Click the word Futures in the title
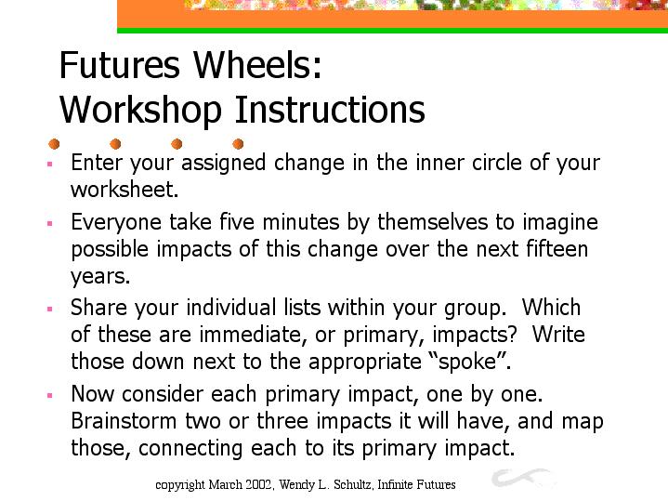120,65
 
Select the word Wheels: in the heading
258,65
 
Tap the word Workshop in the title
140,110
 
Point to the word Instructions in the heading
330,109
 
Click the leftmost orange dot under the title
54,144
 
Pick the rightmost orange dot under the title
238,144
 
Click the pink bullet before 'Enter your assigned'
50,164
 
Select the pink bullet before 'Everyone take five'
50,223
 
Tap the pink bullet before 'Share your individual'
50,309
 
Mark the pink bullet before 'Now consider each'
50,395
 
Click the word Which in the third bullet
551,307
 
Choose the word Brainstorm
124,421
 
